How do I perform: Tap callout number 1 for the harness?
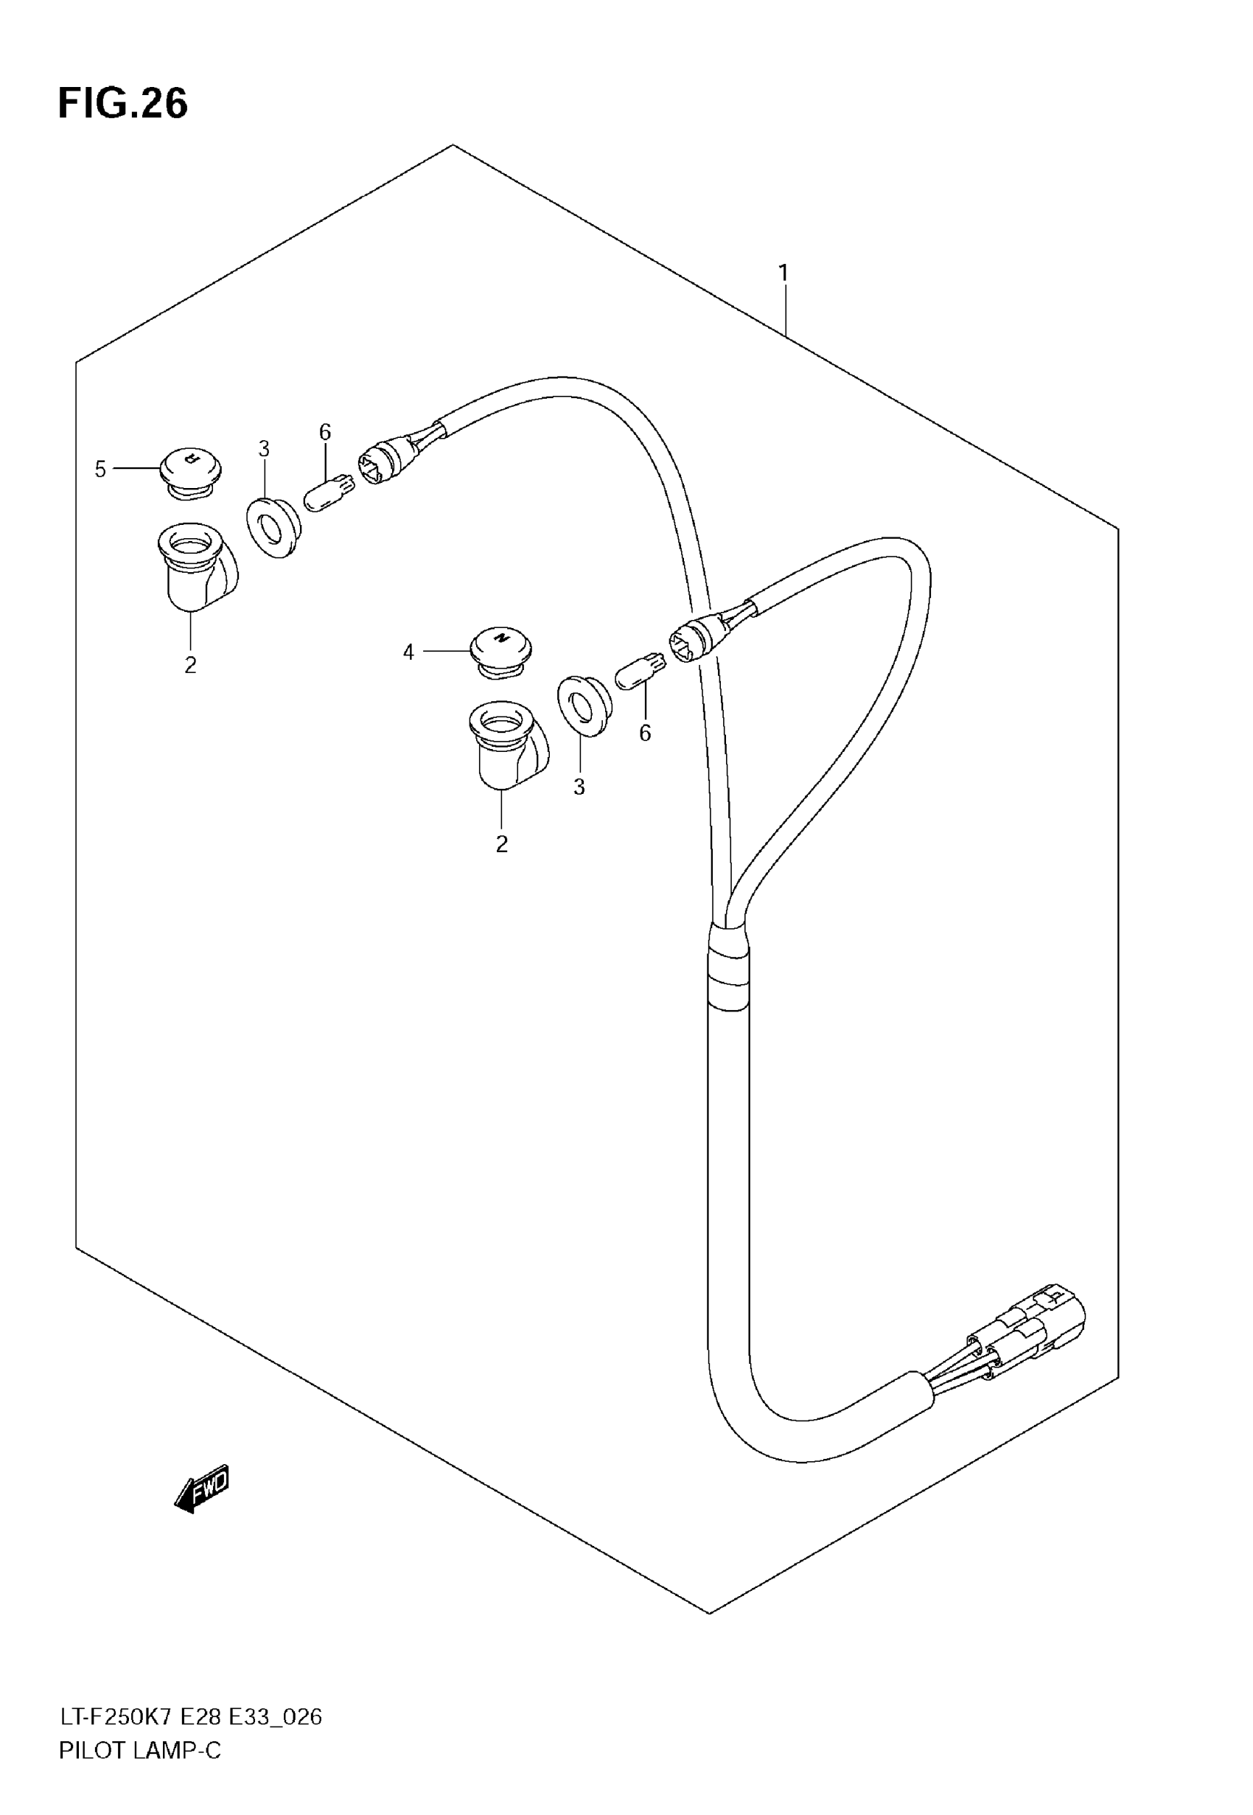(783, 274)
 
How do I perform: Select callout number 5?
(100, 470)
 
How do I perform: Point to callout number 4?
(408, 652)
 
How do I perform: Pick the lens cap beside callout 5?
(190, 471)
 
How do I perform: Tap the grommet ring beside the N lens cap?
(582, 705)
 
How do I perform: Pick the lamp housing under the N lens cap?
(506, 745)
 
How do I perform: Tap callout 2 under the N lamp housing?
(502, 844)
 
